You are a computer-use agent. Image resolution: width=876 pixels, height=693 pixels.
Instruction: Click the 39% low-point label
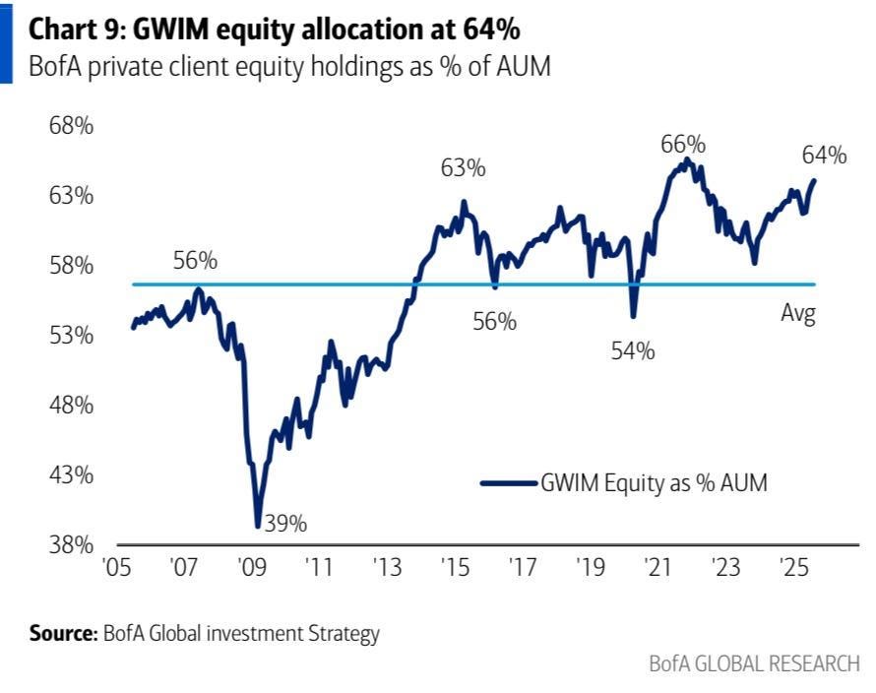[x=286, y=524]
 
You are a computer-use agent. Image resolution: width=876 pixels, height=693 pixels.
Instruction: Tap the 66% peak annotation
[x=684, y=144]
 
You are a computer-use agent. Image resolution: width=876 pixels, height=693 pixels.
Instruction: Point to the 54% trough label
[x=632, y=351]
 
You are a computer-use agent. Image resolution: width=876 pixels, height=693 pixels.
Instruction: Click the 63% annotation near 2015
[x=463, y=168]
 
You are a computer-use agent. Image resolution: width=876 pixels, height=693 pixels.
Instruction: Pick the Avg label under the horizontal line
[x=799, y=315]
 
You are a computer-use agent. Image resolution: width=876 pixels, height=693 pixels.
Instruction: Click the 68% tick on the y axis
[x=73, y=126]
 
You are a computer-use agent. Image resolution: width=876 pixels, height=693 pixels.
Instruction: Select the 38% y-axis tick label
[x=73, y=544]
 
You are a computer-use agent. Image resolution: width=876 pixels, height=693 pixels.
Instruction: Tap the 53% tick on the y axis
[x=73, y=336]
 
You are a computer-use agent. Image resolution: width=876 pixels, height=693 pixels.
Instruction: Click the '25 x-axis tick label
[x=790, y=570]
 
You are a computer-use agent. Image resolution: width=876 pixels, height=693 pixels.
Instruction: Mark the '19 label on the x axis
[x=588, y=570]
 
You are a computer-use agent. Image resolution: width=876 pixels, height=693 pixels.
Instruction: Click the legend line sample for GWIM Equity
[x=508, y=482]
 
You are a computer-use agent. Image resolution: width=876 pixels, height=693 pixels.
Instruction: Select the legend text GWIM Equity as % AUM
[x=654, y=482]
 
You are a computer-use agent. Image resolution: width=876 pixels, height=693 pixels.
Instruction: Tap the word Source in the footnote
[x=62, y=633]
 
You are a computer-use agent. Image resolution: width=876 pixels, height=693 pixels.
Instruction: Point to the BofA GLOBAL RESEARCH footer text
[x=754, y=662]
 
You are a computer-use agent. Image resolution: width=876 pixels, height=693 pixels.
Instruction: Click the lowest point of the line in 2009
[x=258, y=527]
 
